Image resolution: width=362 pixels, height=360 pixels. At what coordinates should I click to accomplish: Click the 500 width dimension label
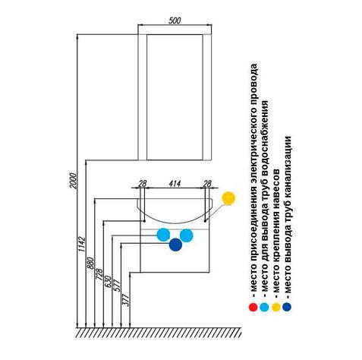click(x=175, y=21)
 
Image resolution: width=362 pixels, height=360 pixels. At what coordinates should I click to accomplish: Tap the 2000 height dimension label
click(x=73, y=181)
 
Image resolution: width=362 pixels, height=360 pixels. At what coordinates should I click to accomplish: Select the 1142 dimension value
click(x=82, y=244)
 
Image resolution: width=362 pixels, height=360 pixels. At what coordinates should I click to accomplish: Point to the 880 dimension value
click(x=90, y=264)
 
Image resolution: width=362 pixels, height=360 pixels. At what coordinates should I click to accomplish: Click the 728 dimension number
click(x=99, y=275)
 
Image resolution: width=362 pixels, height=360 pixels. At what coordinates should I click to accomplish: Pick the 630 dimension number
click(x=109, y=282)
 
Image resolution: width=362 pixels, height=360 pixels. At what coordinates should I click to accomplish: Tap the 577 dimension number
click(x=117, y=286)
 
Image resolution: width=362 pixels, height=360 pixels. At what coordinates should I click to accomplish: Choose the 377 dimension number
click(x=126, y=300)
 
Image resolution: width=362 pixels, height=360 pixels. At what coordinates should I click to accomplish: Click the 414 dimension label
click(x=175, y=183)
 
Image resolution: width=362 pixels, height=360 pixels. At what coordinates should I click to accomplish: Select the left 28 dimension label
click(x=143, y=183)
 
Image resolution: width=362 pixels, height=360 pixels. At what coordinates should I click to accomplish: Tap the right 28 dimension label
click(x=207, y=183)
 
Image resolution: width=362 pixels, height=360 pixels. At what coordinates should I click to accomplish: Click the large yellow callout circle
click(x=228, y=198)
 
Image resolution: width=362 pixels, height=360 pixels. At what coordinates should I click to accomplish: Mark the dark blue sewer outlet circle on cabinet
click(x=175, y=245)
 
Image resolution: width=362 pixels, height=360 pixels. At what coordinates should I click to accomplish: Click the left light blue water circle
click(x=163, y=235)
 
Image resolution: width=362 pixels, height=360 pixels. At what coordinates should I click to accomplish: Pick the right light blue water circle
click(x=187, y=235)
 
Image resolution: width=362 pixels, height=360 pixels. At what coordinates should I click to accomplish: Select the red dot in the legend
click(x=253, y=307)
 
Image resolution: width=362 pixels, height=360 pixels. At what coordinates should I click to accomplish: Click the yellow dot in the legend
click(x=276, y=307)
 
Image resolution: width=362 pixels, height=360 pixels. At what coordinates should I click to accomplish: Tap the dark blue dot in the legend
click(x=287, y=307)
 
